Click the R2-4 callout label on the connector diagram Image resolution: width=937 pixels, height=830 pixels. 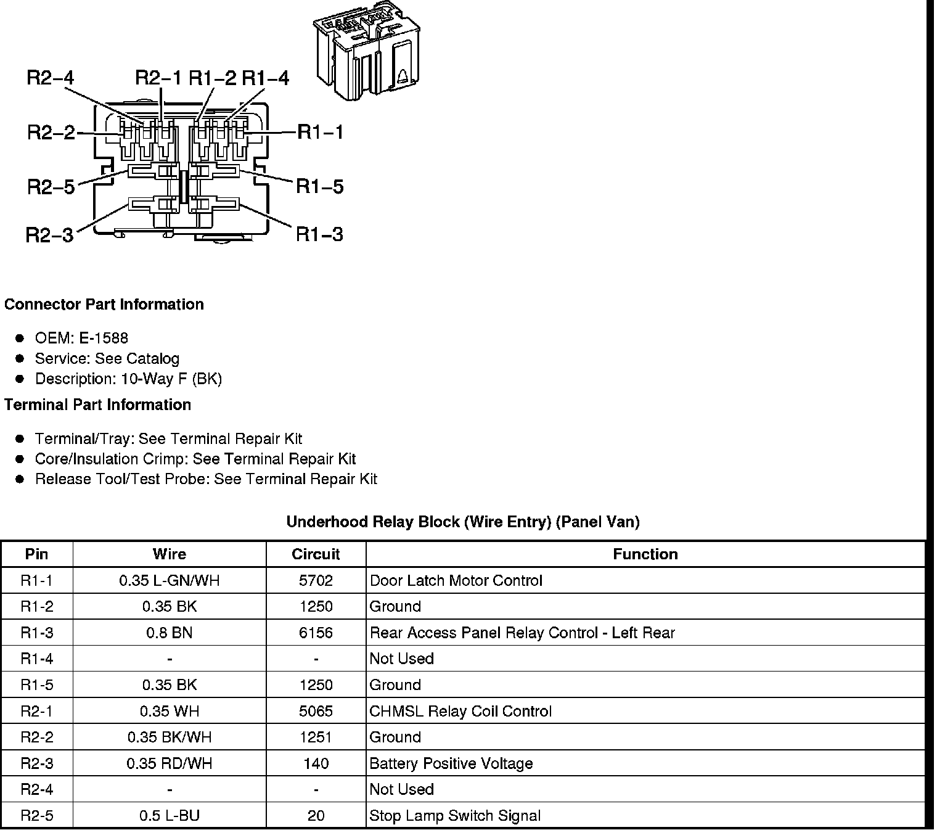pyautogui.click(x=50, y=78)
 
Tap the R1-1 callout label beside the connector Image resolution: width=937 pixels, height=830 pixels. pyautogui.click(x=320, y=132)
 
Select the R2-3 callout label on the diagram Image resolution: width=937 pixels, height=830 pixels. pyautogui.click(x=49, y=235)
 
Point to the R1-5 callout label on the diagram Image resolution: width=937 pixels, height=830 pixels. pyautogui.click(x=319, y=186)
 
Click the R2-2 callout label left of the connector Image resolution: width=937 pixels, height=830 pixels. pyautogui.click(x=51, y=133)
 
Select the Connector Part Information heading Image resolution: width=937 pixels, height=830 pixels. pyautogui.click(x=104, y=305)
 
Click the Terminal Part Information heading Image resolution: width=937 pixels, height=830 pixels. pyautogui.click(x=97, y=405)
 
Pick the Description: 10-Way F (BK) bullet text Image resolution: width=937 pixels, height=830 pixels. pyautogui.click(x=128, y=379)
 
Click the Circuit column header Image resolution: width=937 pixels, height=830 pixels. pyautogui.click(x=316, y=554)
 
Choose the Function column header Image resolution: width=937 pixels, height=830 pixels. pyautogui.click(x=645, y=554)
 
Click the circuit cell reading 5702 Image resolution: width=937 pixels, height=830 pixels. pyautogui.click(x=316, y=581)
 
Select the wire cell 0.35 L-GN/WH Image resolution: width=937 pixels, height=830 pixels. pyautogui.click(x=169, y=581)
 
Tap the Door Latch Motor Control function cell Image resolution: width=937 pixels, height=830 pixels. pyautogui.click(x=456, y=581)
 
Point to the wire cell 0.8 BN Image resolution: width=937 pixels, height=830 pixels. pyautogui.click(x=169, y=633)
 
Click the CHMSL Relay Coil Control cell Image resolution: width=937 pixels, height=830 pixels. pyautogui.click(x=460, y=712)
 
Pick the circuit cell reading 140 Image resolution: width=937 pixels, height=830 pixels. pyautogui.click(x=316, y=764)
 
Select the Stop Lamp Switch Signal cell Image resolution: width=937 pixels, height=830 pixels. pyautogui.click(x=454, y=816)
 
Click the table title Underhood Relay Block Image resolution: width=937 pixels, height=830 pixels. pyautogui.click(x=462, y=522)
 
